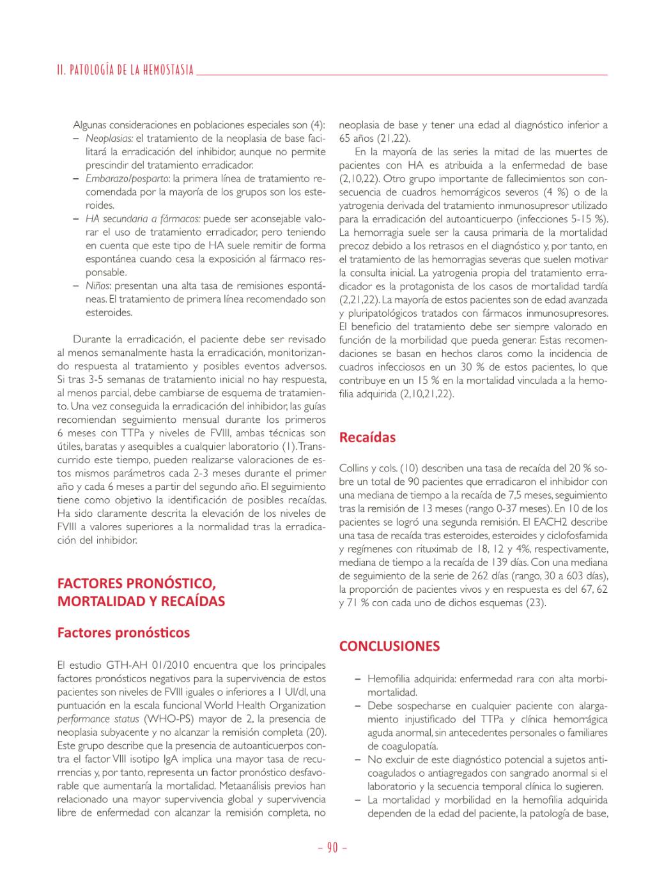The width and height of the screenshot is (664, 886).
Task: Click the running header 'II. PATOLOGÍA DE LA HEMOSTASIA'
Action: (125, 70)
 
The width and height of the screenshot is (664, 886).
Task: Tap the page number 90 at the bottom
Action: (332, 848)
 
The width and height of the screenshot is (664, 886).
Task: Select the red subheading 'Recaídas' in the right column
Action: (367, 438)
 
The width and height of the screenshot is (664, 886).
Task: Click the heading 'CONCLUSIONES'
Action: (389, 646)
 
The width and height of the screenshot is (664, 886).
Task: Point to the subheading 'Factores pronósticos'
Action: (123, 632)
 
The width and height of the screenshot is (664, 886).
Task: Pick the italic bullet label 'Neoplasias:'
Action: (109, 138)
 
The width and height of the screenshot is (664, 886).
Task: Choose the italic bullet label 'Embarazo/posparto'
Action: (127, 178)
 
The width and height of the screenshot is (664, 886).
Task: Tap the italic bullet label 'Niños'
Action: (98, 286)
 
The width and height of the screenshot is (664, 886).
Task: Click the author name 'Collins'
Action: (355, 468)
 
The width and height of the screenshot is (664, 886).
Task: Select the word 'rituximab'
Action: (422, 549)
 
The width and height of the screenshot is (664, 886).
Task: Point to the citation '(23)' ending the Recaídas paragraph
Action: (535, 602)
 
